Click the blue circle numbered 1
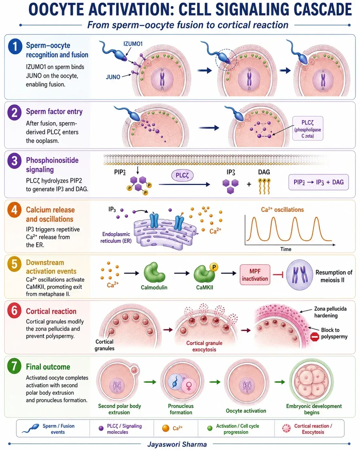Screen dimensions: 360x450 pos(15,46)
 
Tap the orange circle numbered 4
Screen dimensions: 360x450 pos(14,210)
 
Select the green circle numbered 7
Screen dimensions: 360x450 pos(14,366)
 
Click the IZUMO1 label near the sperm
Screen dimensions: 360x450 pos(133,44)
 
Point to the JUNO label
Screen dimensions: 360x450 pos(113,77)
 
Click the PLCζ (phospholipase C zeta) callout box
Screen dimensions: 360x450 pos(308,128)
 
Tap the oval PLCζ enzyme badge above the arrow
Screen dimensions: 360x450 pos(182,175)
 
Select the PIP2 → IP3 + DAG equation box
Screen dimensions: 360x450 pos(318,182)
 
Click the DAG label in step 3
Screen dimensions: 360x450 pos(264,172)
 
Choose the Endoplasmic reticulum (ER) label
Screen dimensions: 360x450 pos(116,238)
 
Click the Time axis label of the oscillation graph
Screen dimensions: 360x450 pos(286,249)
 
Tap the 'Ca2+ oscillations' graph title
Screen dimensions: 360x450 pos(282,210)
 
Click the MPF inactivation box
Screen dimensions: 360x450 pos(255,275)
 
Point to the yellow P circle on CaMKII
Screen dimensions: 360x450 pos(214,267)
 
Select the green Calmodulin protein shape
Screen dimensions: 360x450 pos(154,273)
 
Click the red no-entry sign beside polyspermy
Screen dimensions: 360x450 pos(315,337)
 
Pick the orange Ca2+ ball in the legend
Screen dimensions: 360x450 pos(166,428)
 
